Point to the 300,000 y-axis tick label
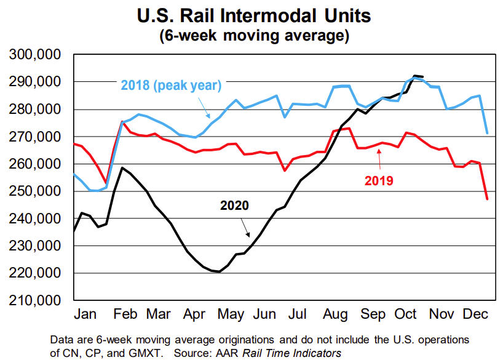[35, 55]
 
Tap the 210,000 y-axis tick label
[35, 300]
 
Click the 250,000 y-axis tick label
[35, 191]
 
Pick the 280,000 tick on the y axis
[35, 110]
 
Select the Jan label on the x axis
[87, 314]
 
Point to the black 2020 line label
[234, 206]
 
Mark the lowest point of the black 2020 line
[220, 271]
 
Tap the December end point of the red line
[488, 199]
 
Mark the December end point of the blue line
[488, 133]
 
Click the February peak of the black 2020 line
[123, 168]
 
